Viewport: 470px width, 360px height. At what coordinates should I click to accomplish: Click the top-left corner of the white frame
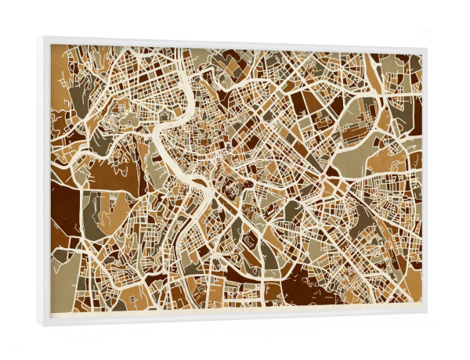[x=39, y=38]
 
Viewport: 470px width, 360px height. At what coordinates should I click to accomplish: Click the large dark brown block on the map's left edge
[x=64, y=207]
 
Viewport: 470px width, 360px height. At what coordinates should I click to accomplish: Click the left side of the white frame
[x=44, y=180]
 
